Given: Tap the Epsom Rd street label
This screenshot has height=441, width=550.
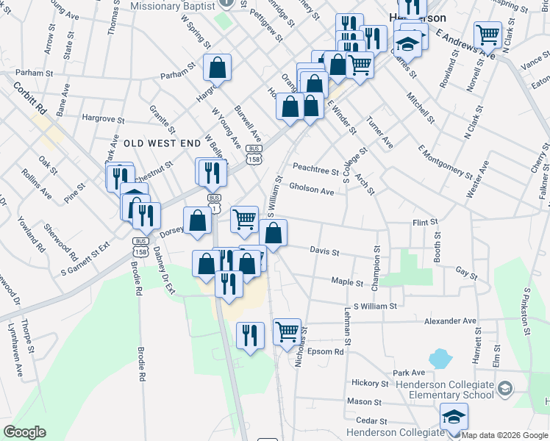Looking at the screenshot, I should (326, 352).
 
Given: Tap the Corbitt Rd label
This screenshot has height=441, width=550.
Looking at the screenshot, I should (29, 96).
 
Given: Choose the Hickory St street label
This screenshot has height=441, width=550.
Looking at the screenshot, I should (370, 383).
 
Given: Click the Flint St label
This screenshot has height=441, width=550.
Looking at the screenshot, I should (425, 222).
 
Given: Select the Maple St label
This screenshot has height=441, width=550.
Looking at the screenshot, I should (347, 282).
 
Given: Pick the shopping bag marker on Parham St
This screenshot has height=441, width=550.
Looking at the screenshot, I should (218, 68).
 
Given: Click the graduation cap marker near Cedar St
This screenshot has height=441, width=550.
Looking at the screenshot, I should (454, 417).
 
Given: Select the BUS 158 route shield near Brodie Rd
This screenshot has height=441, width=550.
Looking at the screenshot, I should (140, 245).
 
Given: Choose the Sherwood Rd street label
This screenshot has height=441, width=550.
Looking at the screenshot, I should (60, 242).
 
